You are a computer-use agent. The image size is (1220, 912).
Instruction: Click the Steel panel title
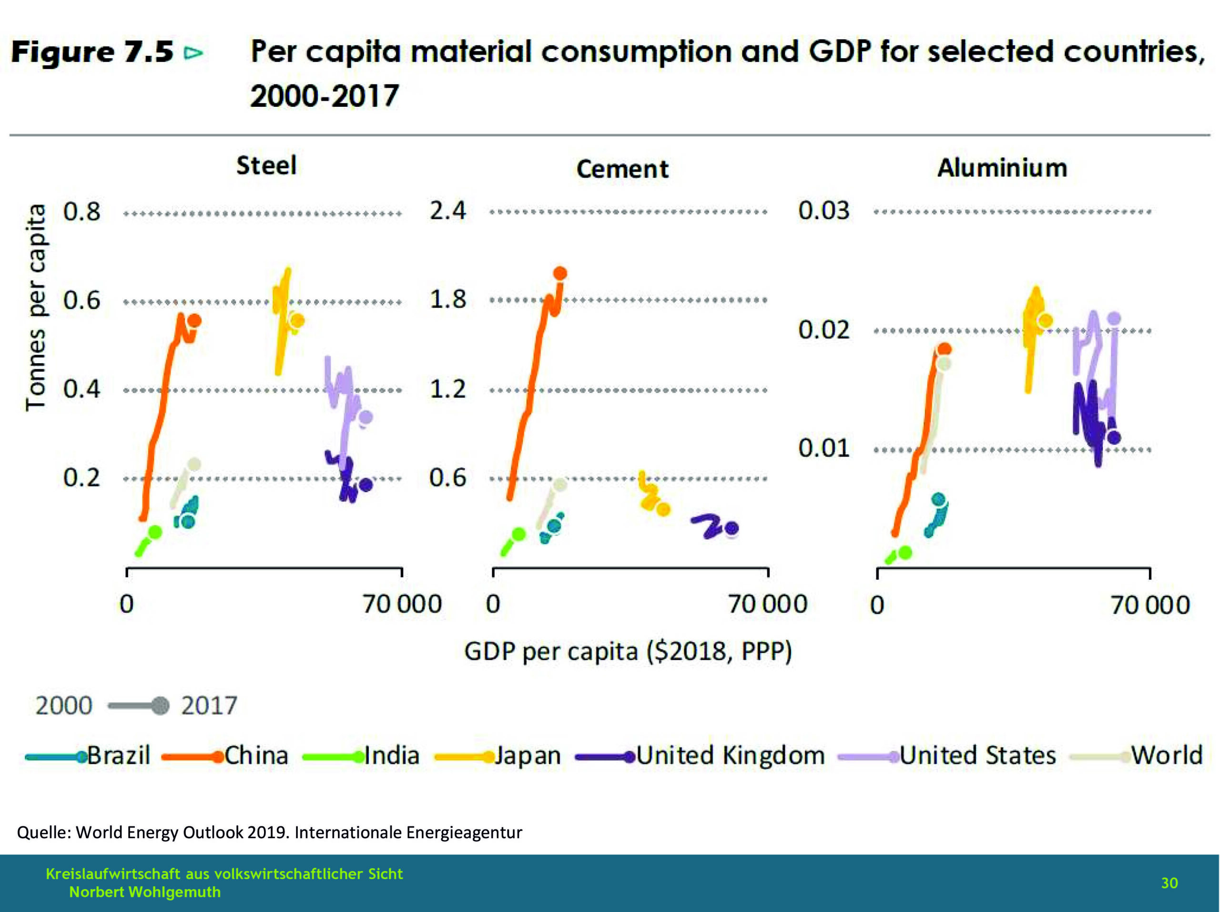[x=266, y=165]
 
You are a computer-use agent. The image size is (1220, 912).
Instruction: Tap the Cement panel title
[x=622, y=169]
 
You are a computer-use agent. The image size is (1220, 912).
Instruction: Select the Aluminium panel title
[x=1002, y=168]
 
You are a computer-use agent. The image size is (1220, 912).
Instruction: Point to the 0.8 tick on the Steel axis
[x=81, y=212]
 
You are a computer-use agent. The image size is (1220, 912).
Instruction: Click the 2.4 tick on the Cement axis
[x=447, y=211]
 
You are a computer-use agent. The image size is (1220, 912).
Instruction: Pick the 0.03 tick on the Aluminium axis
[x=823, y=211]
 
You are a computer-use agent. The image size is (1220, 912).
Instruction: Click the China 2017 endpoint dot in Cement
[x=560, y=273]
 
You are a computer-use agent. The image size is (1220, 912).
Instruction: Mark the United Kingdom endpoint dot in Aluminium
[x=1114, y=438]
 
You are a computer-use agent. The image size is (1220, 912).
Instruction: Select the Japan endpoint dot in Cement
[x=663, y=509]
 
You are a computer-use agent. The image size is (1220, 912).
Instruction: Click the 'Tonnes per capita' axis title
[x=36, y=307]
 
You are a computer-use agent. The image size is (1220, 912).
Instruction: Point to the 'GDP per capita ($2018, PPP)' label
[x=628, y=651]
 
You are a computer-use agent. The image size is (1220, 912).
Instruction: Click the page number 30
[x=1169, y=883]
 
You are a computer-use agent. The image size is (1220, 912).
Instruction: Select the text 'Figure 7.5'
[x=92, y=52]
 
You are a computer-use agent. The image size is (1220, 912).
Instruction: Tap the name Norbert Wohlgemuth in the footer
[x=144, y=892]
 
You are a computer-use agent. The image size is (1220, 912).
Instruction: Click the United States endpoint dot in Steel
[x=366, y=417]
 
